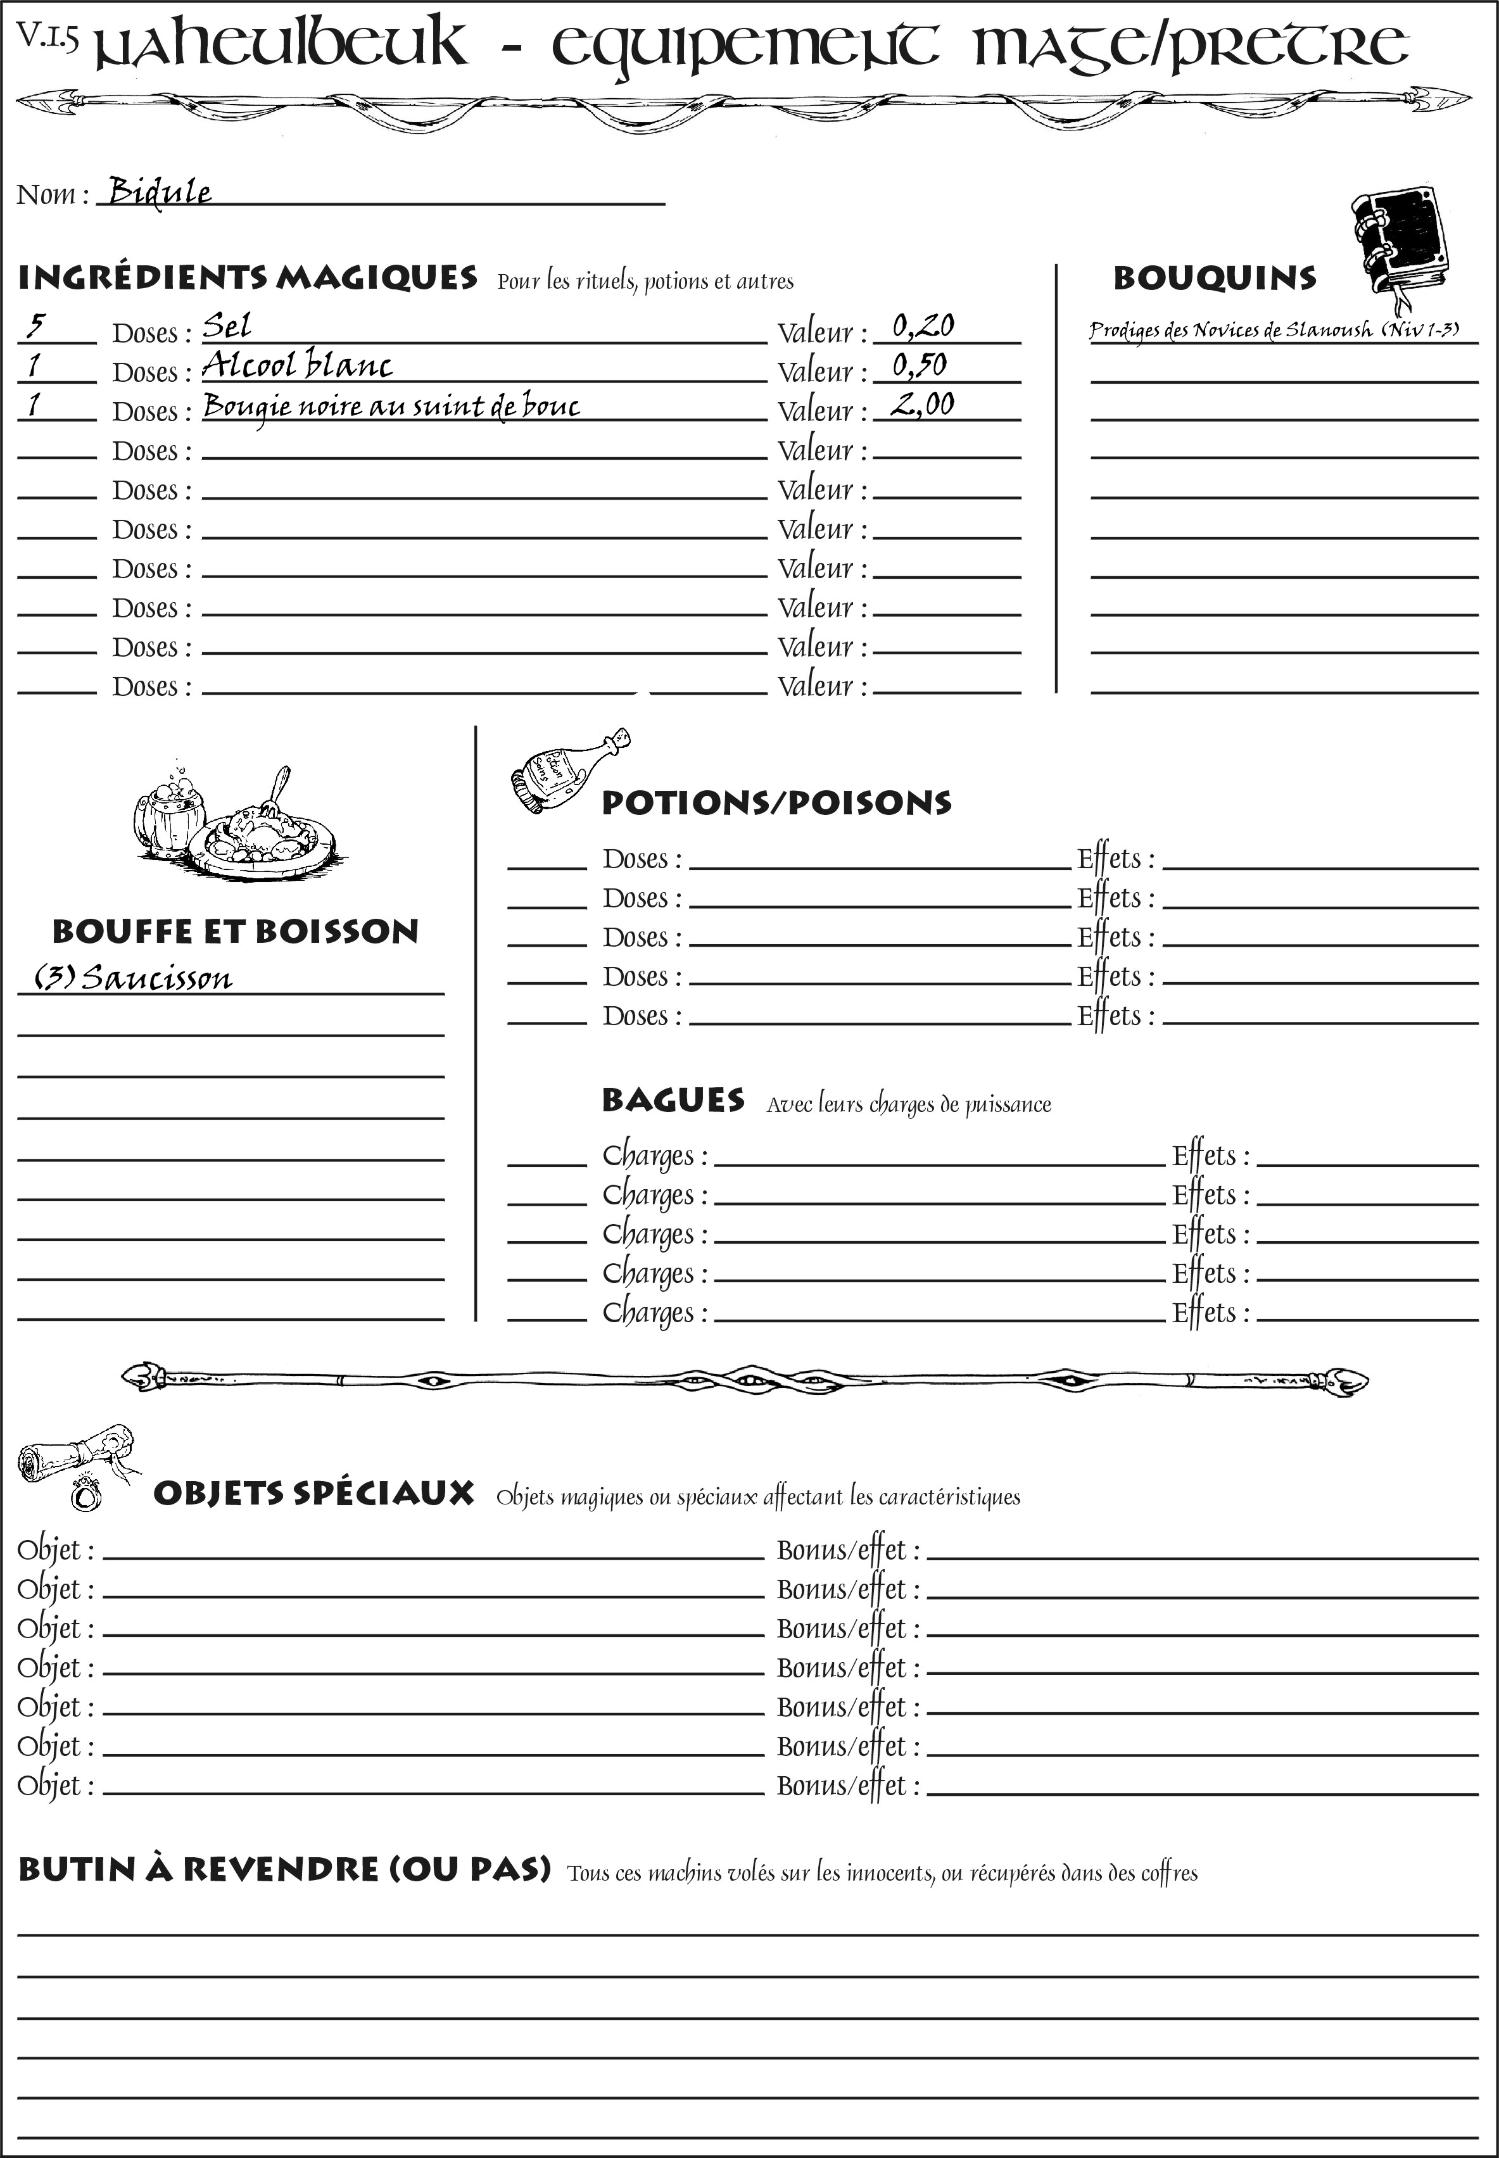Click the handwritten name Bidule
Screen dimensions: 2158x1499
160,192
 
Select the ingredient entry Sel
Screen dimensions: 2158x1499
227,326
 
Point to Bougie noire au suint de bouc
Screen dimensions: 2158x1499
391,406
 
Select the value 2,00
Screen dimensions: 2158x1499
921,405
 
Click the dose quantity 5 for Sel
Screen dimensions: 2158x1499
35,326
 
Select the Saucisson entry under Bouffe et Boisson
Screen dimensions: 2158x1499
134,978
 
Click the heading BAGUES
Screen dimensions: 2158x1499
673,1100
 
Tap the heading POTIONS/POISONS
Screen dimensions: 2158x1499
776,803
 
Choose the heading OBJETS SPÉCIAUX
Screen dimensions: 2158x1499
313,1493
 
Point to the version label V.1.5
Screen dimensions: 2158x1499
47,35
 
